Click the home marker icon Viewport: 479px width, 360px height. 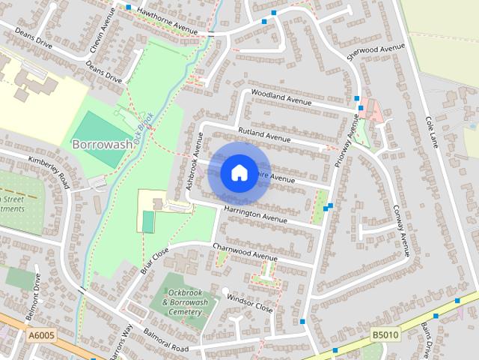(x=239, y=172)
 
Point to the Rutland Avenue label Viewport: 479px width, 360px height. (x=263, y=136)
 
